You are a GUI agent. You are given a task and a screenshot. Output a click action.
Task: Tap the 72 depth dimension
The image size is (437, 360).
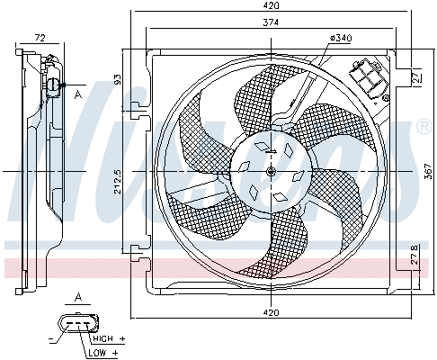coord(40,38)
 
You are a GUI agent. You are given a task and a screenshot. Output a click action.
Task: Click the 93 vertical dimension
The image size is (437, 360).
coord(117,80)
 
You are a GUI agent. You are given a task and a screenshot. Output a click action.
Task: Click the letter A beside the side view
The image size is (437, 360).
coord(78,94)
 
